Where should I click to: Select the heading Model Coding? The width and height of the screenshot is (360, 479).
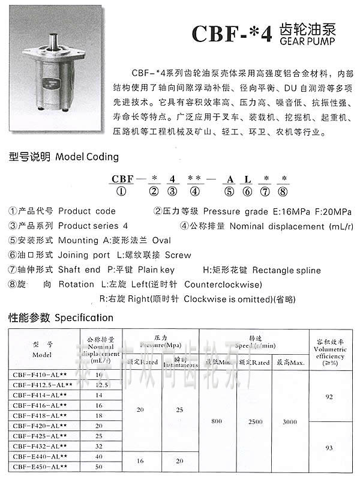coord(86,157)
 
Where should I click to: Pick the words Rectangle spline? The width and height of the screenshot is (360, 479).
coord(286,270)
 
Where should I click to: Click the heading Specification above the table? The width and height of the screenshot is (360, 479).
coord(83,318)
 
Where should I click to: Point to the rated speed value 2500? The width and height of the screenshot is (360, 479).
coord(255,421)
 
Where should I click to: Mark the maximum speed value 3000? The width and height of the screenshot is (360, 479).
coord(289,421)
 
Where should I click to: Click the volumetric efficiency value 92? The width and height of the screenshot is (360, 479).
coord(328,397)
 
